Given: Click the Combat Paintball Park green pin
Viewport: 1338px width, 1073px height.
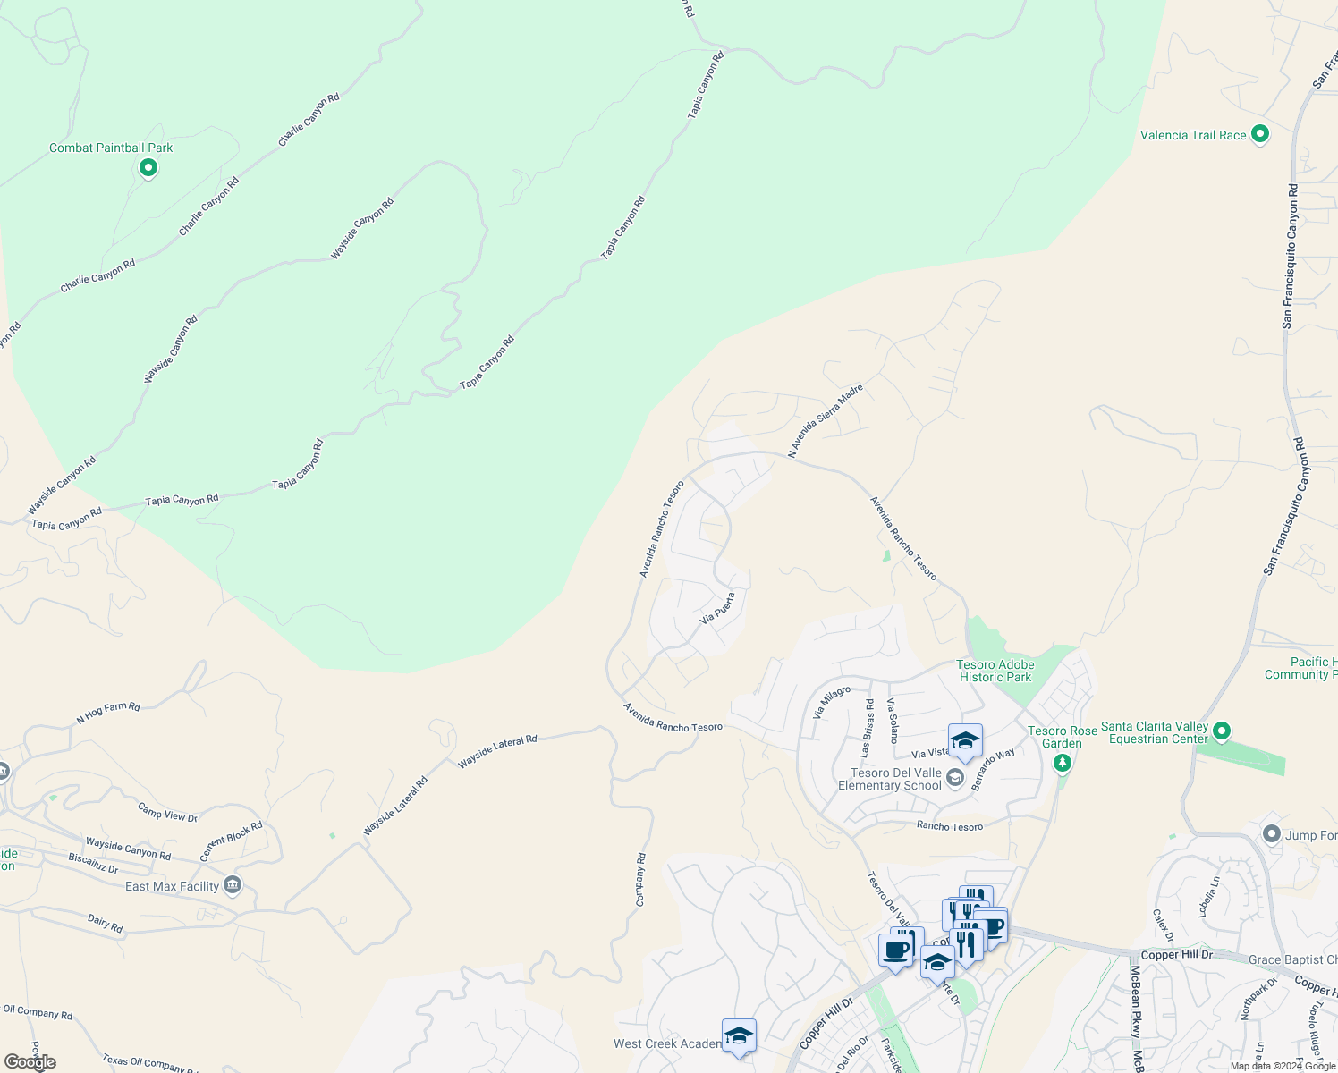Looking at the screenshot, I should point(148,167).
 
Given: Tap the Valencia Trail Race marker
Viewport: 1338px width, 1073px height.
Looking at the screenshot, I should point(1260,134).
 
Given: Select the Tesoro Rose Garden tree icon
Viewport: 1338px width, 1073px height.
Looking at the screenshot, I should point(1062,763).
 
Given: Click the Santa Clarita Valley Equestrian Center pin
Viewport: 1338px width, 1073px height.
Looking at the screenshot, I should point(1222,731).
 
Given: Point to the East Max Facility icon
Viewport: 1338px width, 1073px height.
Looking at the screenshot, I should point(233,885).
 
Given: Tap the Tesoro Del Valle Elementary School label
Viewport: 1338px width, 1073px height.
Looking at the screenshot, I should point(889,779).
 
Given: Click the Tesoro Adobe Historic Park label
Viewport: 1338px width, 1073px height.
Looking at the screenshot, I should point(995,671).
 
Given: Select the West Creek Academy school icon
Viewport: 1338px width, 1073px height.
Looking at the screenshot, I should point(739,1035).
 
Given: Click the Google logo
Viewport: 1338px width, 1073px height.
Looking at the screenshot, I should point(30,1062).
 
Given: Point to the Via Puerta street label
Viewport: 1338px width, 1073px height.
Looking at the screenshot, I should point(717,608).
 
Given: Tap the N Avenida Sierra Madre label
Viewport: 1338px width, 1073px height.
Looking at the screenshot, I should point(825,421).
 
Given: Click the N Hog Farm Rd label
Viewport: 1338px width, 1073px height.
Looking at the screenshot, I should point(108,713).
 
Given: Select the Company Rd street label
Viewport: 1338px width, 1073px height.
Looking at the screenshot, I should point(640,880).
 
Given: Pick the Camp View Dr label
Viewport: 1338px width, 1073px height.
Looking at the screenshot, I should point(167,812).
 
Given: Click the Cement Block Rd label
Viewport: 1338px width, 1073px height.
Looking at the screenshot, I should point(231,841).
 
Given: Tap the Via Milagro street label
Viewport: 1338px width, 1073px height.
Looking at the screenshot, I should point(831,703).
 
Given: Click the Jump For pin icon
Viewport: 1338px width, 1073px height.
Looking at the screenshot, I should point(1272,834).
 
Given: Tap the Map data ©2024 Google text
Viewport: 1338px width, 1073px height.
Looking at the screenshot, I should point(1281,1066).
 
